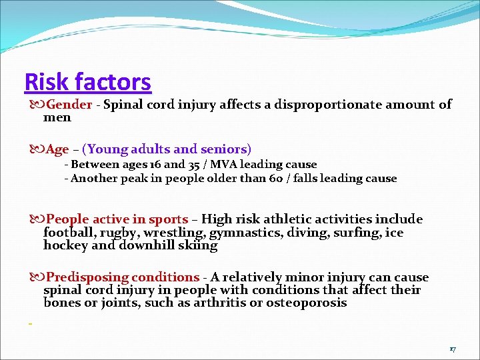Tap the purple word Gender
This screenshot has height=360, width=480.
(69, 104)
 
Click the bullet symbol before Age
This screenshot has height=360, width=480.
(35, 149)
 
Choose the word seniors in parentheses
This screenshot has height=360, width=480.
(225, 149)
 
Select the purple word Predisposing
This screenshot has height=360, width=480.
(87, 277)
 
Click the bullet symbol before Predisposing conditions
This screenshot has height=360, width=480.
(35, 277)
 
